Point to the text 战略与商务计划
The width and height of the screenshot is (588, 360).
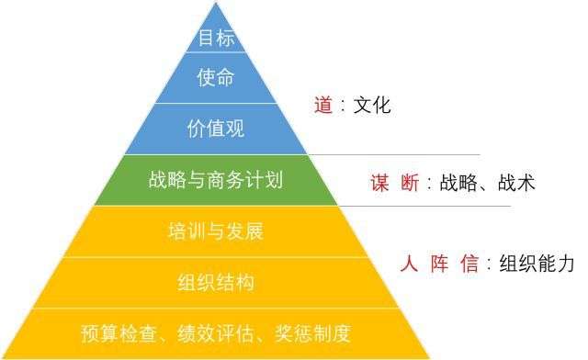215,179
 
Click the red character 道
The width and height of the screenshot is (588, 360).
322,105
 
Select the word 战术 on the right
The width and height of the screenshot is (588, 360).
516,183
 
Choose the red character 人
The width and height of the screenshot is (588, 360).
410,264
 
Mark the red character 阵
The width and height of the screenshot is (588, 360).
440,264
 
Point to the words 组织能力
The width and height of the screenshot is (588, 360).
536,264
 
